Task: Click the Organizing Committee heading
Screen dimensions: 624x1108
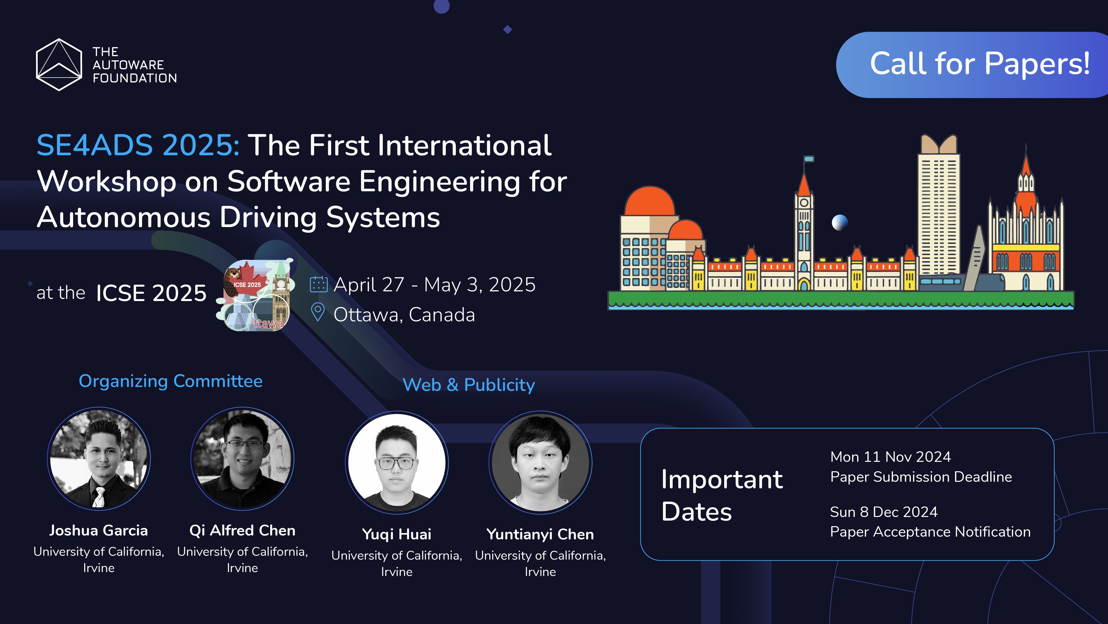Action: [x=170, y=381]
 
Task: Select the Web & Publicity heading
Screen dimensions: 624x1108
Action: [x=468, y=384]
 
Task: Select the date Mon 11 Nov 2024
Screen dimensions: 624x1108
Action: [x=890, y=457]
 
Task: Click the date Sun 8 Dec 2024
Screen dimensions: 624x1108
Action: [x=883, y=512]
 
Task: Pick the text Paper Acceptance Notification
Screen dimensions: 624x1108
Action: [x=930, y=532]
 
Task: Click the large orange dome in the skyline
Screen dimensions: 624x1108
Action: [x=650, y=202]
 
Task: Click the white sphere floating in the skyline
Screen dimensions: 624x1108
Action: [x=840, y=223]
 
